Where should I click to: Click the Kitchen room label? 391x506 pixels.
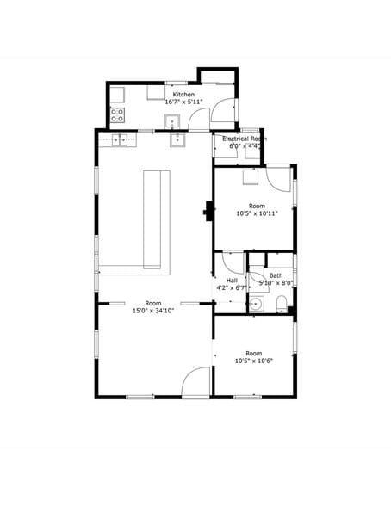(183, 95)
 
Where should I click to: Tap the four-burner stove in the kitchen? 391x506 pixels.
(117, 115)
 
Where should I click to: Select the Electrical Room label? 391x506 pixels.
(245, 139)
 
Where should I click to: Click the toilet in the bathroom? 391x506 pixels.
(282, 305)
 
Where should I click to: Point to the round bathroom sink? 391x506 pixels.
(257, 304)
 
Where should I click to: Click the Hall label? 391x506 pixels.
(232, 281)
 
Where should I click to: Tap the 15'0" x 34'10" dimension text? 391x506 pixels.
(153, 311)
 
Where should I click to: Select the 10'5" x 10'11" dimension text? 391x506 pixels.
(257, 213)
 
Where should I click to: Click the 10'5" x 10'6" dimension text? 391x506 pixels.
(254, 361)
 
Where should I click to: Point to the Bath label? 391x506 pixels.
(276, 275)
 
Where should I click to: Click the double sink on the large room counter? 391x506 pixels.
(119, 140)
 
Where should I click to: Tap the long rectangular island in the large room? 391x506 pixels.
(152, 219)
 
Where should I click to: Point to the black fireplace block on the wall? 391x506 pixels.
(208, 212)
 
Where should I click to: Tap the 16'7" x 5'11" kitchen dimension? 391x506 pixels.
(183, 102)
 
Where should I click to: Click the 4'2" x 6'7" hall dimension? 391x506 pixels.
(232, 287)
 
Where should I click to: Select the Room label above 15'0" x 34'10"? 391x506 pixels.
(153, 303)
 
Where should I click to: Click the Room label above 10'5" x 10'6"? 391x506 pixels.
(254, 354)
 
